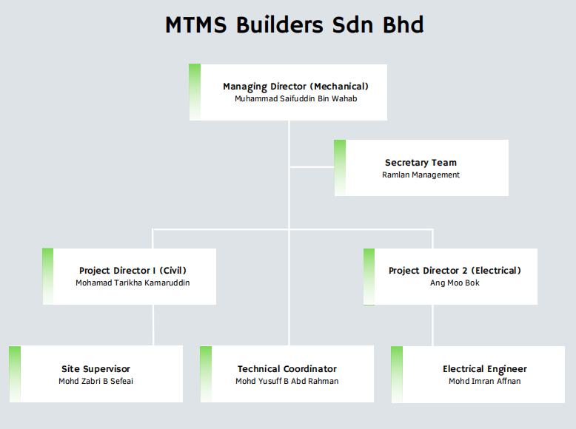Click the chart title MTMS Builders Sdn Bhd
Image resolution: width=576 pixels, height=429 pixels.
295,24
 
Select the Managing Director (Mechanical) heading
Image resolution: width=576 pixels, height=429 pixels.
295,87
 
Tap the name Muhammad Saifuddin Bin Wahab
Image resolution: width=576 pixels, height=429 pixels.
295,98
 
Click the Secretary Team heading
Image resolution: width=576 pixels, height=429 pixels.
421,163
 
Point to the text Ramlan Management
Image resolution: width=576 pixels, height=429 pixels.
421,175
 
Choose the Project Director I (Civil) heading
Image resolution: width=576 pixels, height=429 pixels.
133,271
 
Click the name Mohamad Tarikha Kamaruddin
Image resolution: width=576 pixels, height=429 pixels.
133,283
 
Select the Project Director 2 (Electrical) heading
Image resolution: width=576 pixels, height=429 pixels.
455,271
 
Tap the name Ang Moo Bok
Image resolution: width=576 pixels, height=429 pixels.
455,283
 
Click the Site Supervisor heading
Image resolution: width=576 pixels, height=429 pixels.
96,369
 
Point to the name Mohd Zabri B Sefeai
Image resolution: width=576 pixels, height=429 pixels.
96,381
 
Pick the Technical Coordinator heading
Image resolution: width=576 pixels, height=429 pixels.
287,369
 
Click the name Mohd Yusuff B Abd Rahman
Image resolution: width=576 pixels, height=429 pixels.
287,381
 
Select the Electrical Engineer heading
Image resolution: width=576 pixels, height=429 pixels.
485,369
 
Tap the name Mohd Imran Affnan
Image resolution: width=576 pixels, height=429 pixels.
485,381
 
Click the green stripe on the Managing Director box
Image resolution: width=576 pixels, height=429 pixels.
195,92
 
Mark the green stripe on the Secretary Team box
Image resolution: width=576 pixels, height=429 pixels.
340,167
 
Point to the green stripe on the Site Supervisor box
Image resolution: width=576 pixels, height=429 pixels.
15,374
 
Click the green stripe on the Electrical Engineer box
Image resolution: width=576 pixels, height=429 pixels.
397,374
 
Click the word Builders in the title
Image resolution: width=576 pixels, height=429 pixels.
280,24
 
